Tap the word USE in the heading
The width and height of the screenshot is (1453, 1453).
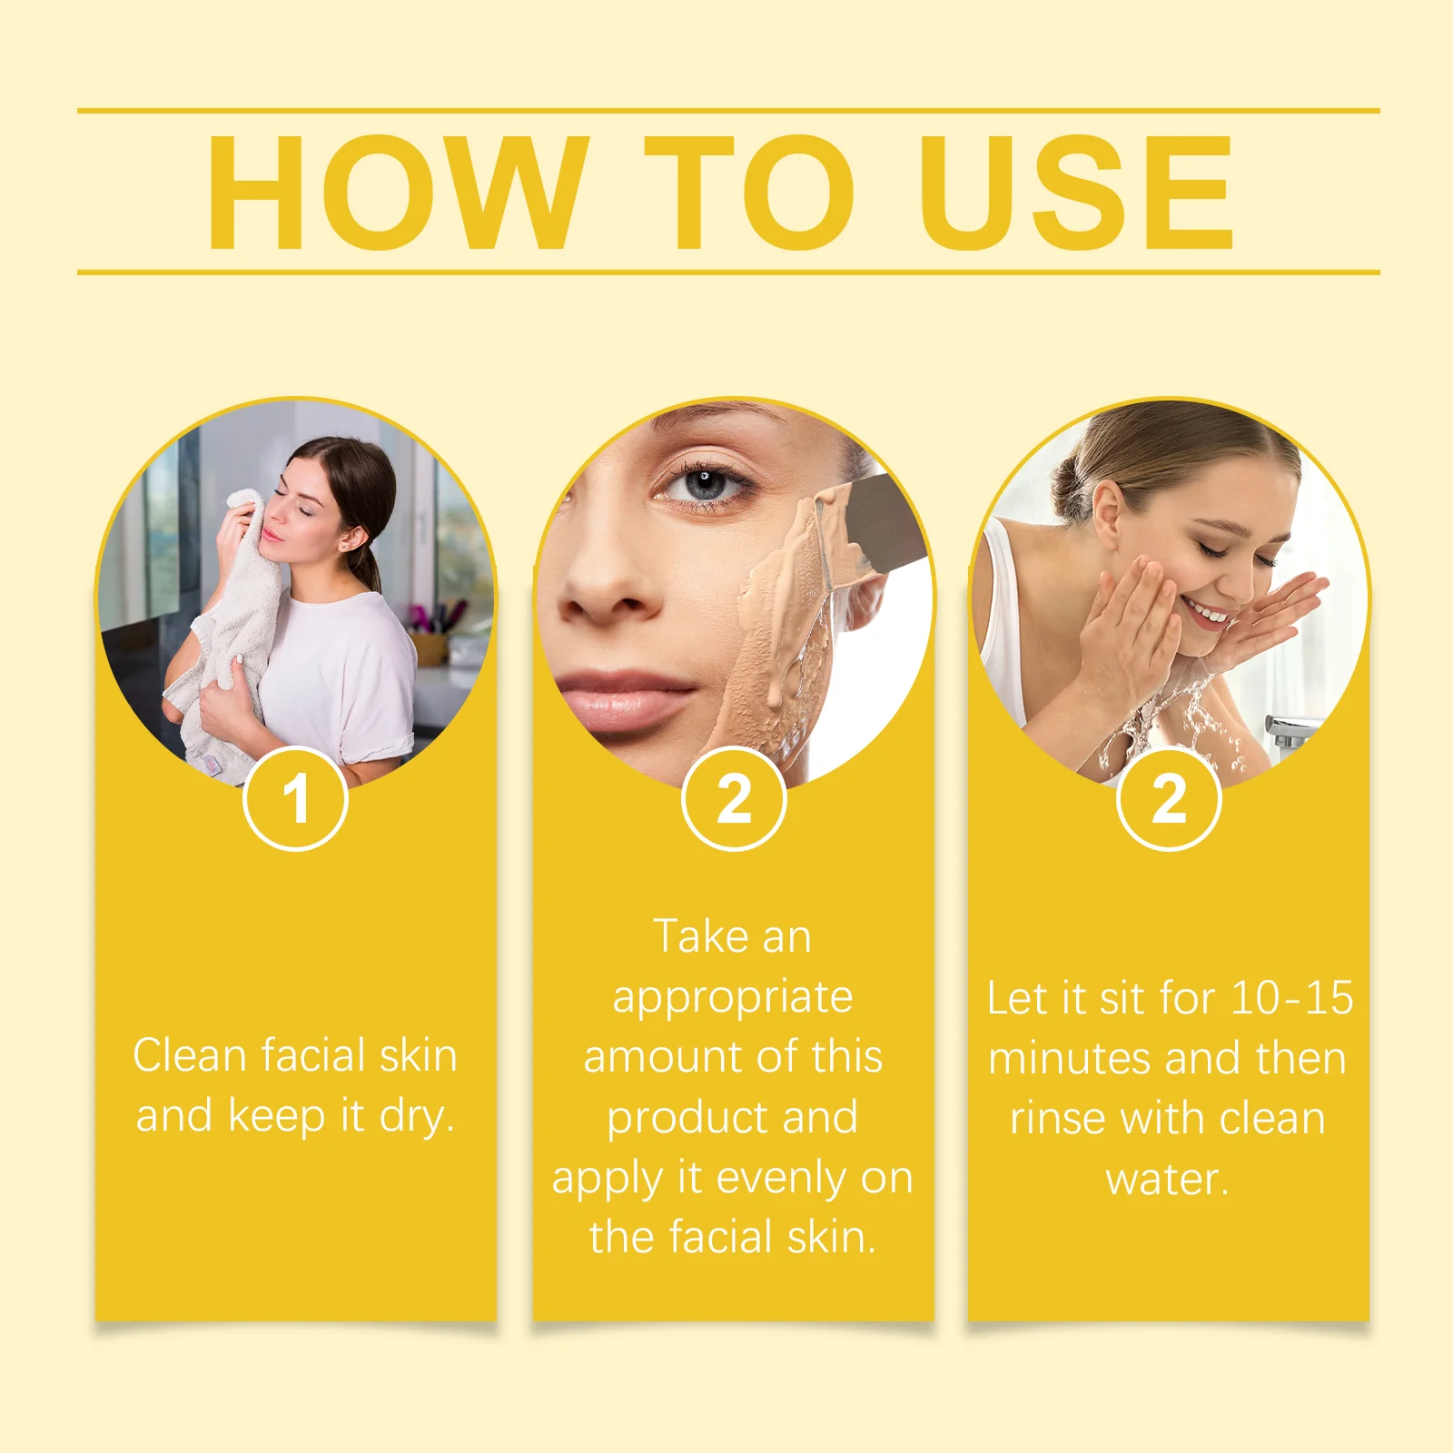pos(1076,193)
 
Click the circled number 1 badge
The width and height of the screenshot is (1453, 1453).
pos(296,799)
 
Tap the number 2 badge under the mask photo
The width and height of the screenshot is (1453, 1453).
pos(734,799)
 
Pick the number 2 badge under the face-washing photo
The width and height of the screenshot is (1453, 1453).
pos(1169,799)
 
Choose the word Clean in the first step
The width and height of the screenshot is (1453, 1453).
pos(190,1055)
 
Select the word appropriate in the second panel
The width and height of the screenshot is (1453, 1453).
pos(733,997)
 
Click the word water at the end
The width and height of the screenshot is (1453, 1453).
pos(1165,1179)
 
